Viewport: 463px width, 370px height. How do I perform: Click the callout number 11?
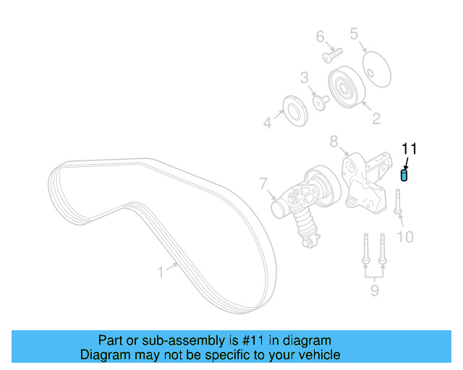[410, 149]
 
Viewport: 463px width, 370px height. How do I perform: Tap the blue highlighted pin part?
[404, 175]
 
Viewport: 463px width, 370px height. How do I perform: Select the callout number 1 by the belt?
[161, 272]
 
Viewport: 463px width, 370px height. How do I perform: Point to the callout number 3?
[305, 77]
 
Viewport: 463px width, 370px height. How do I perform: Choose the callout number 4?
[267, 124]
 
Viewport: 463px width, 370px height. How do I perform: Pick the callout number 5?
[354, 33]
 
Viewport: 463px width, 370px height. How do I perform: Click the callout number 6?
[320, 36]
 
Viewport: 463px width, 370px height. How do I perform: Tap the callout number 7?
[264, 184]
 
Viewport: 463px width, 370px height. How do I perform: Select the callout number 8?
[334, 141]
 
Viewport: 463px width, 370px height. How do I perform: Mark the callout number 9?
[374, 291]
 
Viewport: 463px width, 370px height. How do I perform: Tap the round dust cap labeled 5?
[375, 66]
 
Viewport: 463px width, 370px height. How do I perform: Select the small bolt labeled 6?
[332, 53]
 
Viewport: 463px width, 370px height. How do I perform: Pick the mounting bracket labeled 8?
[366, 184]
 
